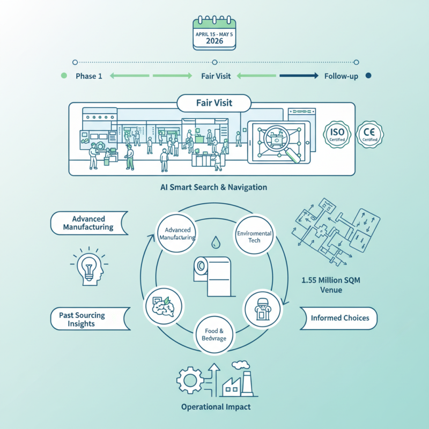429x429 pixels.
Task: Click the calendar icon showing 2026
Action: pos(214,35)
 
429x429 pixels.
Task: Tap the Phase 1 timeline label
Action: pos(88,76)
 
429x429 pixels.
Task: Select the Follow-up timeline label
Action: pos(341,76)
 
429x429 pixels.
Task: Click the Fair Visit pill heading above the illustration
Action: pos(214,103)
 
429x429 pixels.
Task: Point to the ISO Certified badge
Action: pos(337,134)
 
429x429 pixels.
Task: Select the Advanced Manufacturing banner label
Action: pos(88,223)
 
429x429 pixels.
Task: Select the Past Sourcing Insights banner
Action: pos(88,319)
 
